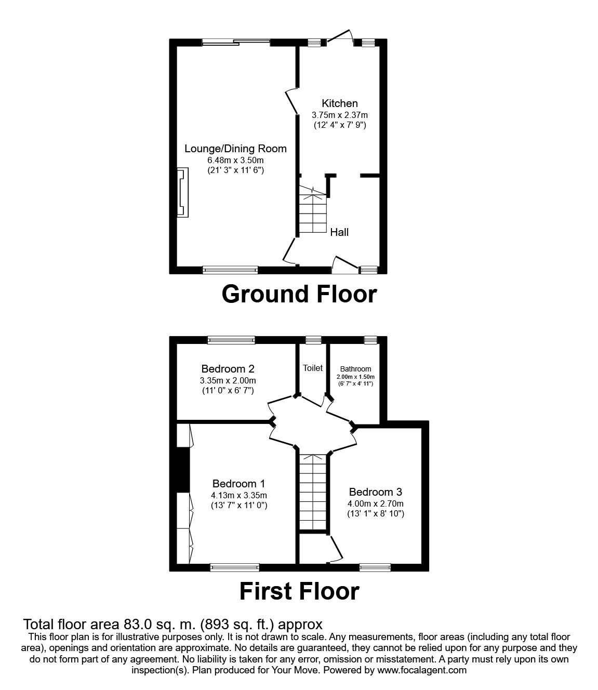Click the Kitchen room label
tap(339, 103)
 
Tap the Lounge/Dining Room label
tap(235, 149)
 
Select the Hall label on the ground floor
tap(339, 232)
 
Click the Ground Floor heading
tap(299, 294)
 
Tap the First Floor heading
tap(299, 591)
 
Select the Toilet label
tap(313, 368)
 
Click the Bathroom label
tap(356, 369)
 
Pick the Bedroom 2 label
tap(228, 369)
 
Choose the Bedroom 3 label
tap(376, 492)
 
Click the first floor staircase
tap(313, 491)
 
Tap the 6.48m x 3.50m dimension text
tap(235, 160)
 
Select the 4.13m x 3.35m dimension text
tap(238, 495)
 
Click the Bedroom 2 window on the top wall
tap(231, 340)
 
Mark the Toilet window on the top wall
tap(313, 340)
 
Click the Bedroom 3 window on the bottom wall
tap(375, 567)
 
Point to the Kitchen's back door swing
tap(340, 35)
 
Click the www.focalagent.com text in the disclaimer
tap(422, 670)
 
